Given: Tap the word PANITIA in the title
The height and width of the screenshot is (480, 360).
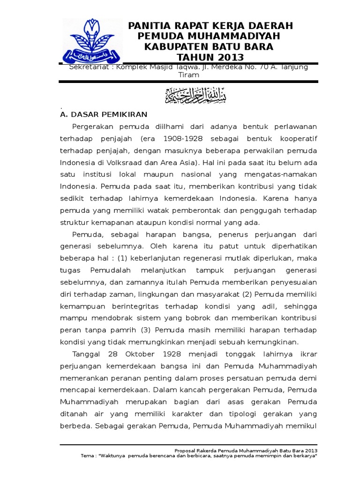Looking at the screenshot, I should pyautogui.click(x=150, y=26).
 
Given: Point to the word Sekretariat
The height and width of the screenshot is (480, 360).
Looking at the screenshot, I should pyautogui.click(x=86, y=67).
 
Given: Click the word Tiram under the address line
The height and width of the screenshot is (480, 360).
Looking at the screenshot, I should pyautogui.click(x=189, y=75).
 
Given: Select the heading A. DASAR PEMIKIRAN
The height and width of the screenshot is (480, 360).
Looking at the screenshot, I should pyautogui.click(x=104, y=114).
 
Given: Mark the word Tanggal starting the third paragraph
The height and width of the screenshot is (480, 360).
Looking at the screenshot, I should pyautogui.click(x=86, y=353).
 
